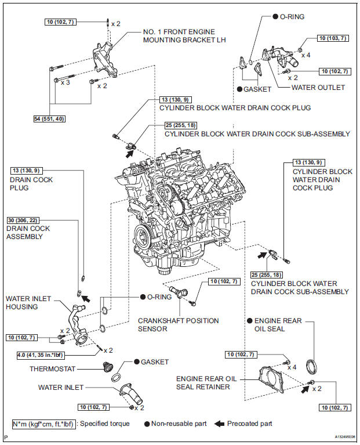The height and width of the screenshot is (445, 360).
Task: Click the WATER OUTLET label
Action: click(318, 88)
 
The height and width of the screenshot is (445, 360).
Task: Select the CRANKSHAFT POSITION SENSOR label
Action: click(178, 324)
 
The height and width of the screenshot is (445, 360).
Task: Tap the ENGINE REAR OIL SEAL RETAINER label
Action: click(202, 382)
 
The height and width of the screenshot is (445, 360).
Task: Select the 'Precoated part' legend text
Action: click(249, 424)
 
